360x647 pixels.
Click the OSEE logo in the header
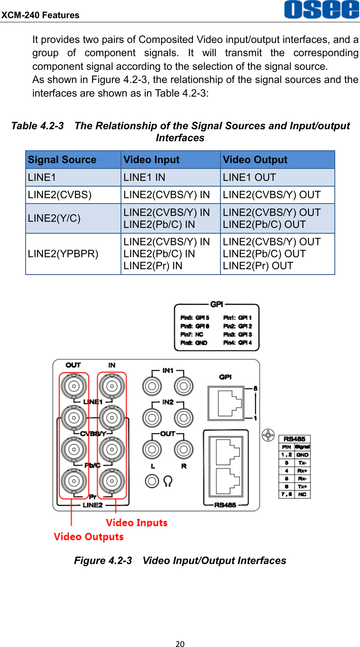321,10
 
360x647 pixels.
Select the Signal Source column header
62,160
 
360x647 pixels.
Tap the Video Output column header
255,160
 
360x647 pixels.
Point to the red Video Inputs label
137,523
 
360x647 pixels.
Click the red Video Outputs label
89,537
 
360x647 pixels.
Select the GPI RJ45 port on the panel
225,401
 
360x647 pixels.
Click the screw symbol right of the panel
268,435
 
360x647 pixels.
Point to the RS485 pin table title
294,439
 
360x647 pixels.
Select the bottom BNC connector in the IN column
111,481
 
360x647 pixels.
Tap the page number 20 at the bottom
180,643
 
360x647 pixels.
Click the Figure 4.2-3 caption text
180,561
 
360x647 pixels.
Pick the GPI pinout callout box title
216,305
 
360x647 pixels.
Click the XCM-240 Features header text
40,15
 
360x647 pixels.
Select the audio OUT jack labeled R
184,449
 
